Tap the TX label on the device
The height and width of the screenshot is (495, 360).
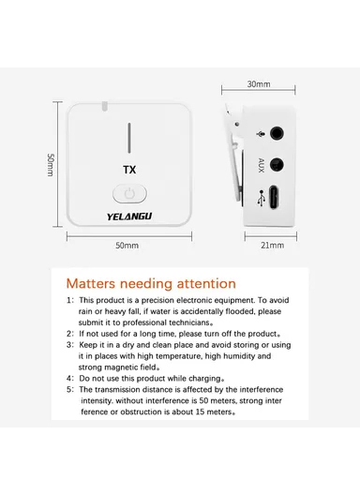pyautogui.click(x=127, y=172)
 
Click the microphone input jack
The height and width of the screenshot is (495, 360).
pyautogui.click(x=278, y=134)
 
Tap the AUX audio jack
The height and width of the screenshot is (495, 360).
pyautogui.click(x=278, y=165)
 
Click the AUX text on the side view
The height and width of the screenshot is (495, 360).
pyautogui.click(x=262, y=166)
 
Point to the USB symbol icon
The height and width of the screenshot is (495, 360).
pyautogui.click(x=261, y=199)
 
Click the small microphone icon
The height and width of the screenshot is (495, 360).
pyautogui.click(x=261, y=134)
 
